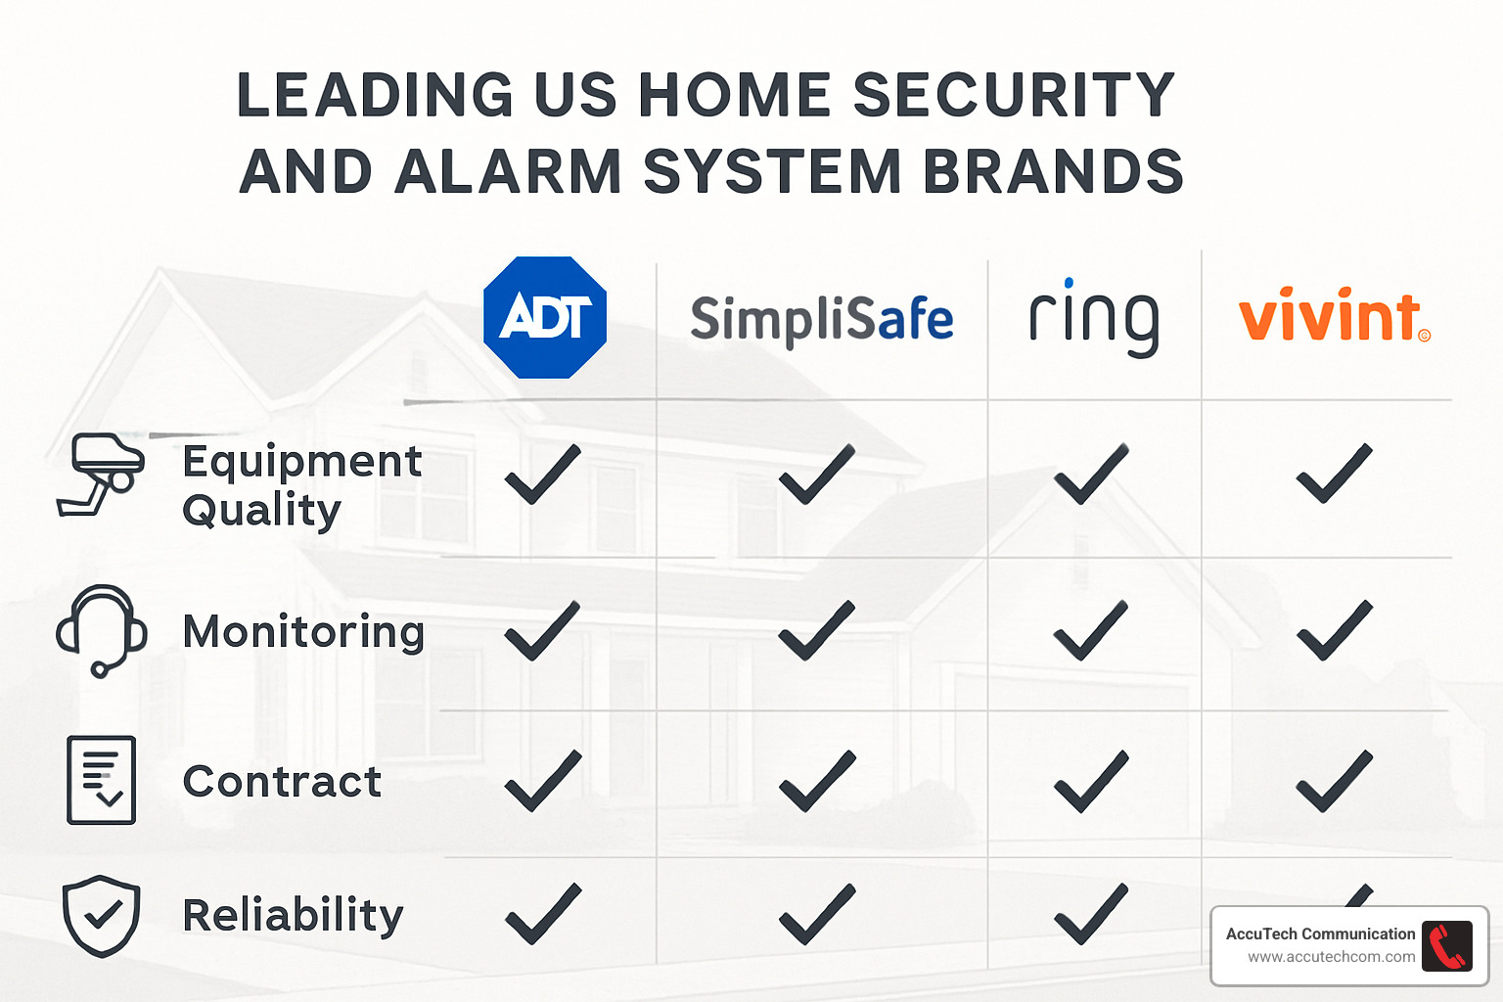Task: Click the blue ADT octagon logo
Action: [x=545, y=317]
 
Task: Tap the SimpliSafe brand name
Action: [x=821, y=320]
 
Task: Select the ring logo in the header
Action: [x=1094, y=318]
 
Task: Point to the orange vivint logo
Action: [x=1333, y=316]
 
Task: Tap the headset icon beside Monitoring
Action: [x=101, y=630]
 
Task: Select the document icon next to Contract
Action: [x=101, y=780]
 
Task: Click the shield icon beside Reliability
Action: [x=101, y=915]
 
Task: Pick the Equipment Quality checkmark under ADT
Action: [x=543, y=475]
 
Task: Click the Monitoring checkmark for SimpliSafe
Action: [x=817, y=631]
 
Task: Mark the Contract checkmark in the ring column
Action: [x=1091, y=782]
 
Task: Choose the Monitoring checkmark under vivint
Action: [x=1334, y=631]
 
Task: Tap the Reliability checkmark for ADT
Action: [x=543, y=914]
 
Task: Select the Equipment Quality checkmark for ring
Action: [x=1091, y=475]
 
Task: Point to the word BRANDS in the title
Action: [x=1053, y=171]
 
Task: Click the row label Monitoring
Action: [x=303, y=631]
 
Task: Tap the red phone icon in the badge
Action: [x=1446, y=946]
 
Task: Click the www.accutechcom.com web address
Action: [x=1331, y=957]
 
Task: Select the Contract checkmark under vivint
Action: [x=1334, y=782]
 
